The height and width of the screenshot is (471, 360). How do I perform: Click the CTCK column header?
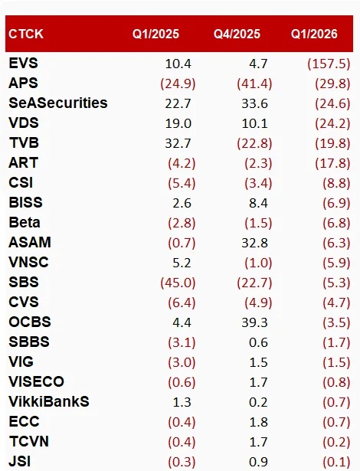(26, 34)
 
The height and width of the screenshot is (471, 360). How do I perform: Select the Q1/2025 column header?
(155, 34)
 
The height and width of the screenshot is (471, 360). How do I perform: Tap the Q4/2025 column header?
(237, 34)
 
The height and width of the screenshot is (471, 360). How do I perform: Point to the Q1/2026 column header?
(314, 34)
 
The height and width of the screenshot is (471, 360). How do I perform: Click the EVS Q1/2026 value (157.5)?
(329, 64)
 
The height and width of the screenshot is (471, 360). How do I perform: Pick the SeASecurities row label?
(58, 103)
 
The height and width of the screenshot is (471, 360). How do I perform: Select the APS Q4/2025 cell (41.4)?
(254, 83)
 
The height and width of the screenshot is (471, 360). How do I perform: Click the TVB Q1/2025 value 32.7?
(178, 143)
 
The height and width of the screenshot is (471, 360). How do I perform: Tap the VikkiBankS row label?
(49, 401)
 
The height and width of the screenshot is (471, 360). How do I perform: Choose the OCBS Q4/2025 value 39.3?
(254, 322)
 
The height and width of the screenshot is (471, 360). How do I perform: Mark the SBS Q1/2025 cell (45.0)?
(178, 283)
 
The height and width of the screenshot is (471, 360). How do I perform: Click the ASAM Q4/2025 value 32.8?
(254, 243)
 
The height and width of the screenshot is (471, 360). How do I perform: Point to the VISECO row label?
(36, 382)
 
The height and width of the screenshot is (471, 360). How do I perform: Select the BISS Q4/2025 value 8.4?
(258, 203)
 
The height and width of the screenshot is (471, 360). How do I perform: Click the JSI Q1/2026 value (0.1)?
(336, 461)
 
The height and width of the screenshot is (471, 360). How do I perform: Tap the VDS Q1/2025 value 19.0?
(178, 123)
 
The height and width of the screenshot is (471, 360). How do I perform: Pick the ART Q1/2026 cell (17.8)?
(332, 163)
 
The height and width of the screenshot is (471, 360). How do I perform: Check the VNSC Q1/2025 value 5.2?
(182, 263)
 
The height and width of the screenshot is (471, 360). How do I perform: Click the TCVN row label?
(29, 442)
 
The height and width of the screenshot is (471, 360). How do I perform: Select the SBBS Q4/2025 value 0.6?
(258, 342)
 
